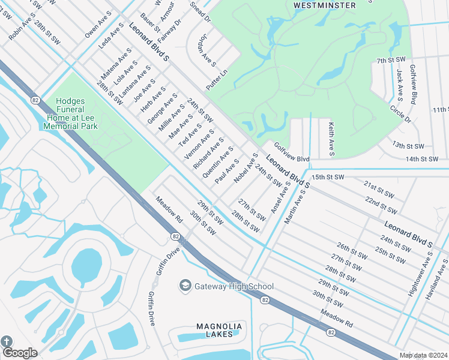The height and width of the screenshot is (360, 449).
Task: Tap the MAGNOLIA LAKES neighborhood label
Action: (219, 330)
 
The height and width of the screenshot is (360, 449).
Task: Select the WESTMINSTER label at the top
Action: (324, 5)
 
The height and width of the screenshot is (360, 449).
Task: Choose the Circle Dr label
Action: (400, 114)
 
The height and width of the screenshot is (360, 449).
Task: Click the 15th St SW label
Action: (327, 178)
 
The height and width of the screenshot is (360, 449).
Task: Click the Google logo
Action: (19, 353)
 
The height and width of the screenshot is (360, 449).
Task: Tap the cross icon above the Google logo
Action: (7, 341)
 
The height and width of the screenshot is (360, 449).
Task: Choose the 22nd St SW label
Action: (381, 205)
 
